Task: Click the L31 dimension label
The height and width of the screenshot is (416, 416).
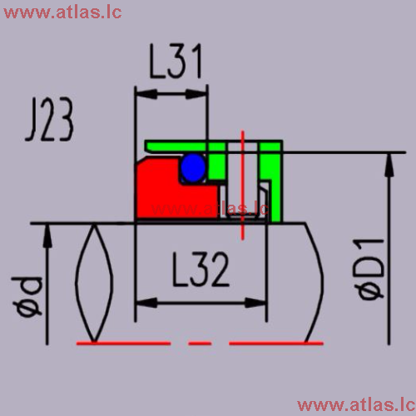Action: point(176,61)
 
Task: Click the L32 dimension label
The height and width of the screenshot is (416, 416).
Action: point(201,269)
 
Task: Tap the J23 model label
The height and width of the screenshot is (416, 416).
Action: point(50,119)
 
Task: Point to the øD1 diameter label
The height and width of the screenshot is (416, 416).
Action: point(369,269)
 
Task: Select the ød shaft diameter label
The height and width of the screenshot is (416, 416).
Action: point(27,296)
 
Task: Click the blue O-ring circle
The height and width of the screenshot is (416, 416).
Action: point(193,168)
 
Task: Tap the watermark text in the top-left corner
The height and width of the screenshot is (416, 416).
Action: point(62,12)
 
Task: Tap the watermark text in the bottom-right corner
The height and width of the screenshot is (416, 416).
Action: point(356,405)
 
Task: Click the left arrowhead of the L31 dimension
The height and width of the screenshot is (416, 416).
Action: point(146,94)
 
